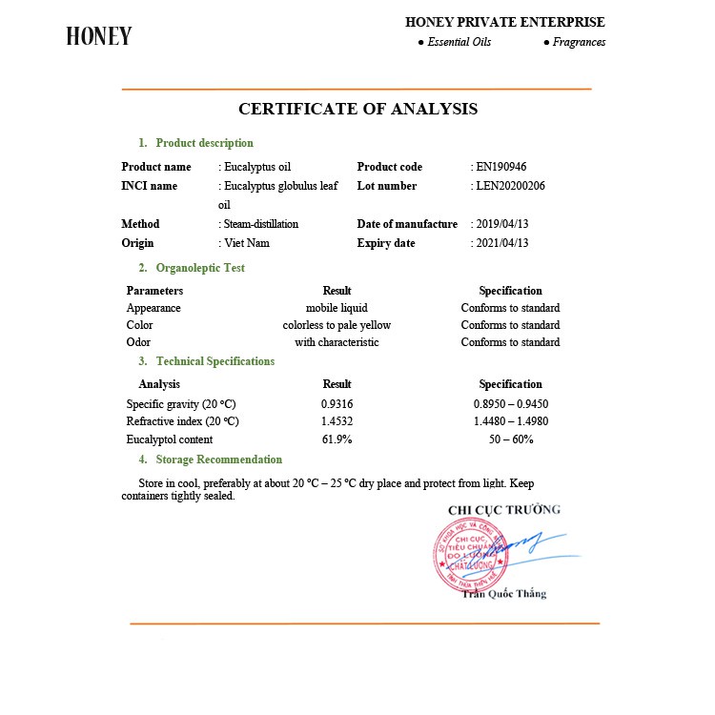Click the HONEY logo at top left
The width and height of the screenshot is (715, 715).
(99, 36)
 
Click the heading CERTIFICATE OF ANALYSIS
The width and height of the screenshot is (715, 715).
(357, 109)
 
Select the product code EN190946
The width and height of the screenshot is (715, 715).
(501, 167)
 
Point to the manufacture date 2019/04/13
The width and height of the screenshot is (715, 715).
(501, 224)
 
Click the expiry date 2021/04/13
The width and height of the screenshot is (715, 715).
(501, 243)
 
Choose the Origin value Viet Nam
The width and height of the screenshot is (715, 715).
(246, 243)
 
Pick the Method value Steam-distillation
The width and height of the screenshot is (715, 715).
(259, 224)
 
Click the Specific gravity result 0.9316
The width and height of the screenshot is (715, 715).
(337, 403)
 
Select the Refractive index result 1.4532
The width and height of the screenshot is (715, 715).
(337, 421)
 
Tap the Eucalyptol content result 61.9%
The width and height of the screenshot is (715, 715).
(337, 439)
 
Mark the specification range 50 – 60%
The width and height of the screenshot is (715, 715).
(510, 439)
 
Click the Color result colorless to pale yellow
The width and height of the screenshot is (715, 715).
(337, 325)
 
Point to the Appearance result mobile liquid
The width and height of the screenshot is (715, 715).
(337, 308)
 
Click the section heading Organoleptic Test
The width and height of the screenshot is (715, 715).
(200, 268)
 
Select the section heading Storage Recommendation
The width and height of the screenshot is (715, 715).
(219, 460)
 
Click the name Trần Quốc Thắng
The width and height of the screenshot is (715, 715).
(504, 594)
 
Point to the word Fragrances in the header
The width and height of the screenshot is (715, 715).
(579, 42)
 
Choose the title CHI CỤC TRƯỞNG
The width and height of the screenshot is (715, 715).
(504, 510)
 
